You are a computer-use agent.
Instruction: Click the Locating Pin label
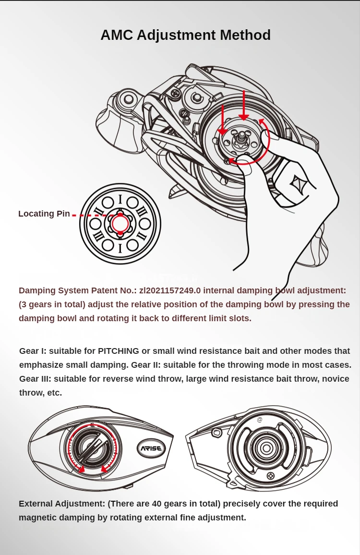tap(44, 214)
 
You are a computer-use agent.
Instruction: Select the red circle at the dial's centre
tap(120, 224)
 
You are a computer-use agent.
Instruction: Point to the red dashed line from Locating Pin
tap(91, 215)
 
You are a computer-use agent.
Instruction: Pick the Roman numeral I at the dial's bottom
tap(120, 248)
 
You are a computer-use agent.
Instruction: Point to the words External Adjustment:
tap(61, 504)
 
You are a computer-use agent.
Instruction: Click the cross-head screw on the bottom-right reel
tap(271, 475)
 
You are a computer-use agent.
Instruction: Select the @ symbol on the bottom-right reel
tap(260, 419)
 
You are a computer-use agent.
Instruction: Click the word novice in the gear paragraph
tap(336, 379)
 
